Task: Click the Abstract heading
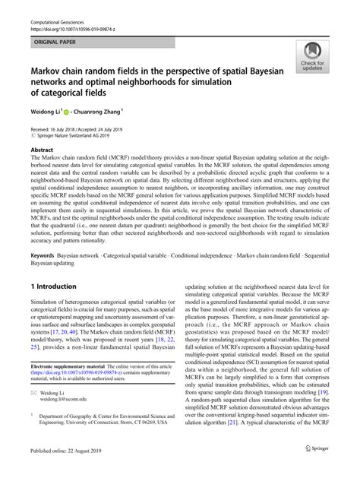tap(41, 150)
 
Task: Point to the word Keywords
tap(45, 253)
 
